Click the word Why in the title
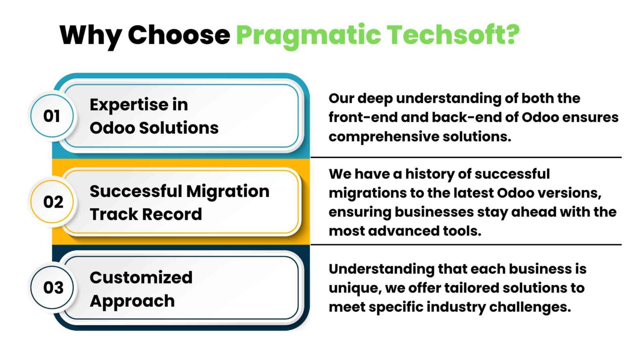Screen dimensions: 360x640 [90, 35]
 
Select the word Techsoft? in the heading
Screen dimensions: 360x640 [453, 34]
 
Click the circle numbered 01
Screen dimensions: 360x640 [52, 116]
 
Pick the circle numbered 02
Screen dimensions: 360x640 [53, 202]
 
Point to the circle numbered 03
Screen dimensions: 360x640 [53, 287]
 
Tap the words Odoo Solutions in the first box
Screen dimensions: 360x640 [154, 128]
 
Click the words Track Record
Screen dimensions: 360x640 [145, 214]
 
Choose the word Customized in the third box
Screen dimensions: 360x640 [141, 277]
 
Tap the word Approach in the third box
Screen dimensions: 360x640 [132, 301]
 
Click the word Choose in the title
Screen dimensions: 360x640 [178, 35]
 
